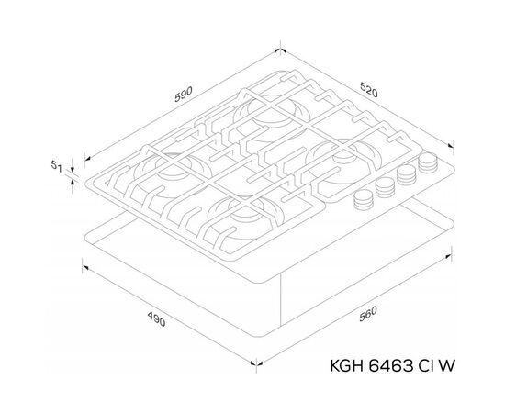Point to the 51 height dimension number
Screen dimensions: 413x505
55,167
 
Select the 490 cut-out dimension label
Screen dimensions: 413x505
156,321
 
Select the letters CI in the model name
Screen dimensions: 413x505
432,364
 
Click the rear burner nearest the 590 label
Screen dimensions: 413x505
260,114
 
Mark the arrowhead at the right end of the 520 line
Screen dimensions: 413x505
455,145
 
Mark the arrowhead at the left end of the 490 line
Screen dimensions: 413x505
84,266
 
